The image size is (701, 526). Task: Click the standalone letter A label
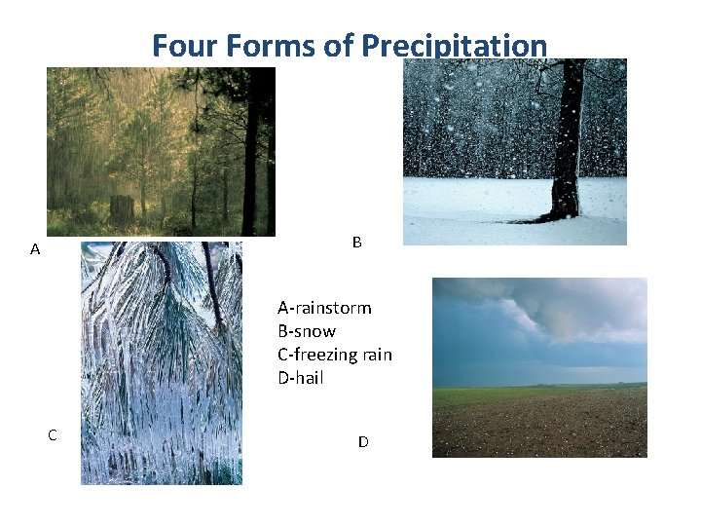(x=35, y=249)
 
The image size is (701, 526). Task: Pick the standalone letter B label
(x=356, y=243)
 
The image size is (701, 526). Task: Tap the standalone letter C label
(x=53, y=435)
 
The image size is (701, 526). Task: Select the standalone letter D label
(x=363, y=442)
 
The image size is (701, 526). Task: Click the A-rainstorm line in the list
(x=324, y=308)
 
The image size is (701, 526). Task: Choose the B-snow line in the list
(x=307, y=331)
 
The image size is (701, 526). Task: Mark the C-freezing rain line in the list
(x=335, y=355)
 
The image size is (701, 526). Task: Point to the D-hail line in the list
(x=301, y=378)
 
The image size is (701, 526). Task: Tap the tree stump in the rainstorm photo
(x=122, y=208)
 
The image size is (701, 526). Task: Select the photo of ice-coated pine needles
(x=161, y=362)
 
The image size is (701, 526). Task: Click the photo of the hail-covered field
(x=539, y=419)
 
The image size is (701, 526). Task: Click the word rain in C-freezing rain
(x=374, y=355)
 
